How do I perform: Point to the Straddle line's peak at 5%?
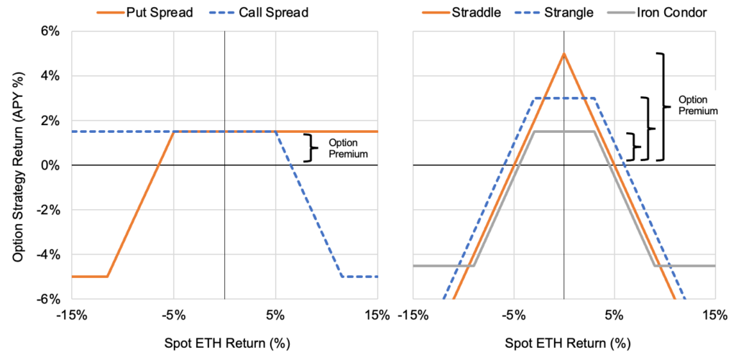(x=564, y=53)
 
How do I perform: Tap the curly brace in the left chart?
(x=310, y=147)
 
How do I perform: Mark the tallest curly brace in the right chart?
(x=663, y=106)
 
